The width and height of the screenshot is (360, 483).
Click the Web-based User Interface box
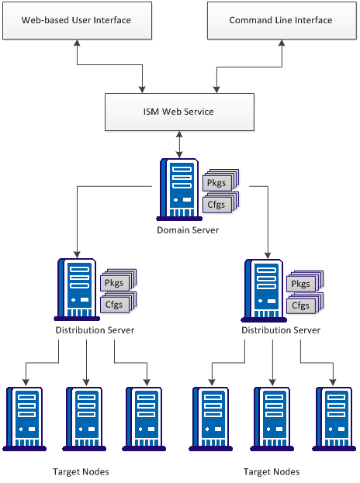[76, 20]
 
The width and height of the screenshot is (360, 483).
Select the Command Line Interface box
[280, 20]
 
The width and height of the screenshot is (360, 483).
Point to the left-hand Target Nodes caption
[81, 471]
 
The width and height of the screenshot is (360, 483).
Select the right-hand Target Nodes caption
[271, 471]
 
